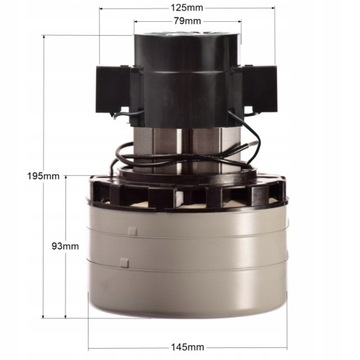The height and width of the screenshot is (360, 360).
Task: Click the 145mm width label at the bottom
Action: pyautogui.click(x=188, y=348)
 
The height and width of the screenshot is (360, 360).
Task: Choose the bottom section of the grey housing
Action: pyautogui.click(x=188, y=295)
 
